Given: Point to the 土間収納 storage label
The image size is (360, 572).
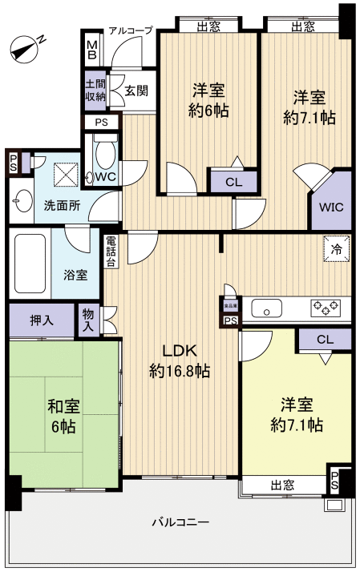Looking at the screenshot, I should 95,89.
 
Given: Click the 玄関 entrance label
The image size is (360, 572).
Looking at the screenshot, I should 136,90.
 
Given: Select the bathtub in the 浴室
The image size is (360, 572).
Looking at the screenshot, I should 30,264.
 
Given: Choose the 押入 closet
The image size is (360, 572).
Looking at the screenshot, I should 42,320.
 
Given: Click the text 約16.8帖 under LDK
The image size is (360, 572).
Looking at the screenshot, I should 180,371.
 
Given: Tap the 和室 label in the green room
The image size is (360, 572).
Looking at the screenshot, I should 61,405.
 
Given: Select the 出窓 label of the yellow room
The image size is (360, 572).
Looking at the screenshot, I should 281,484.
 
